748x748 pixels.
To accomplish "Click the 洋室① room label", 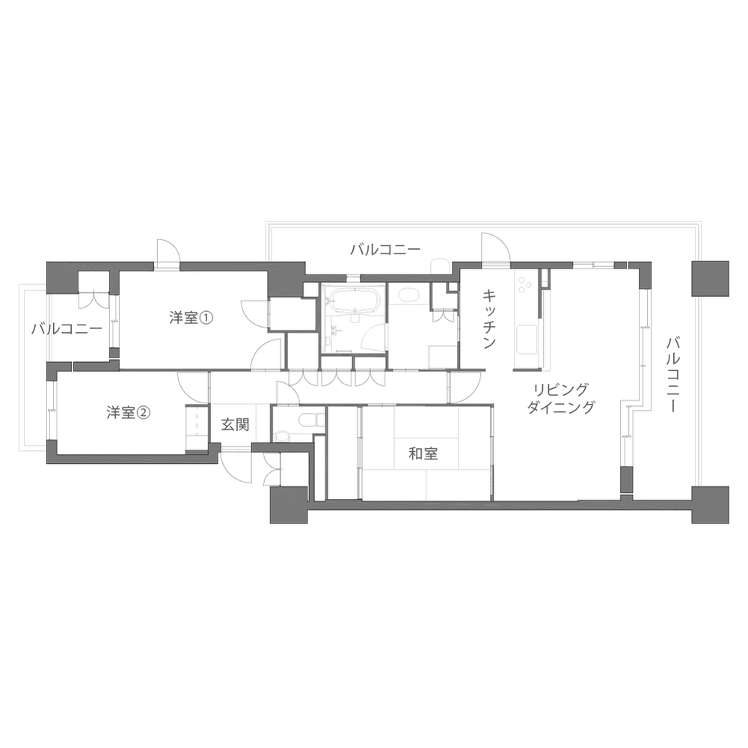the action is (x=191, y=318).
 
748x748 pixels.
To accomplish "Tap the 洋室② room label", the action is (x=129, y=413).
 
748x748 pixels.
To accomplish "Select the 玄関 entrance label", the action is (x=235, y=424).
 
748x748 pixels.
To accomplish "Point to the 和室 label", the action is (x=423, y=453).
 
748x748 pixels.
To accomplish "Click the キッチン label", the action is (x=489, y=319).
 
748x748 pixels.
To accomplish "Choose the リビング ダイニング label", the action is (x=561, y=399).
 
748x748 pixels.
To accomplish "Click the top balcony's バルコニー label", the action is (x=385, y=250).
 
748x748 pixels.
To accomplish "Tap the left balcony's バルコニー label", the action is (x=67, y=328).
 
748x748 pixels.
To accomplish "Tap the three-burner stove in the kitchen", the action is (x=525, y=285).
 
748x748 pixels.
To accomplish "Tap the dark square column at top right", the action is (x=711, y=278).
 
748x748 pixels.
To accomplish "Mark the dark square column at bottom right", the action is (x=711, y=505).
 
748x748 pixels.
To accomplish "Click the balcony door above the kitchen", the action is (x=495, y=248).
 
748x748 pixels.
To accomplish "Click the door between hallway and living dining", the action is (x=465, y=387).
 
